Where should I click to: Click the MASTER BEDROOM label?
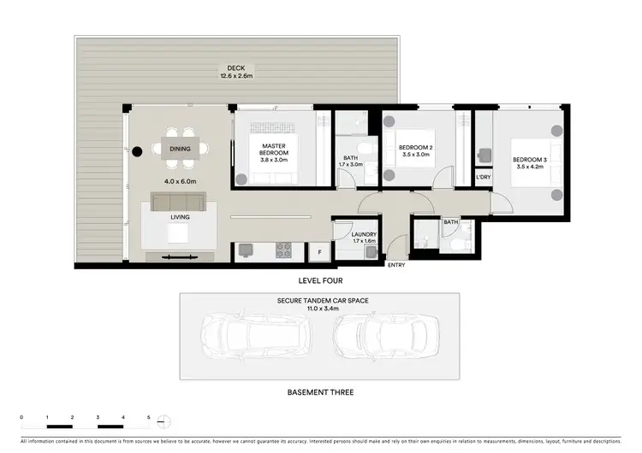[273, 150]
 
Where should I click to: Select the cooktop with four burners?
[282, 250]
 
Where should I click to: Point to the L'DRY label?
[484, 177]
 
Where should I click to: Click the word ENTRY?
[396, 265]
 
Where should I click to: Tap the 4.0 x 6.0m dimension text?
[181, 181]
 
